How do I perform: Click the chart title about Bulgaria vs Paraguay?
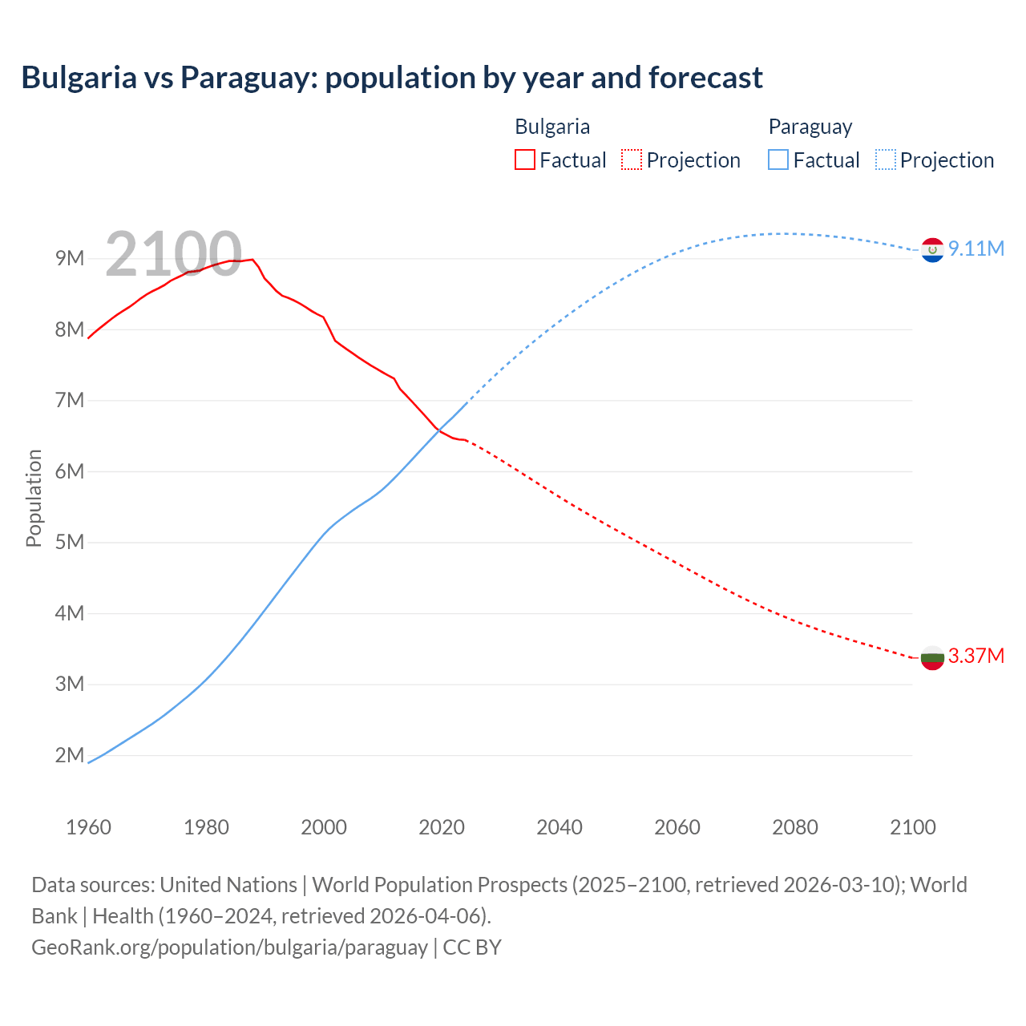point(392,78)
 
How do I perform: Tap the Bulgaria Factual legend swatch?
point(524,160)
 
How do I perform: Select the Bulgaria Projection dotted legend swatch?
point(631,160)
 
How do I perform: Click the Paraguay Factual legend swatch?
point(778,160)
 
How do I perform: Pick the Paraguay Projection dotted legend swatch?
point(885,160)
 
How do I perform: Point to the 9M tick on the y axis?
point(70,258)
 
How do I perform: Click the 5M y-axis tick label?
point(70,542)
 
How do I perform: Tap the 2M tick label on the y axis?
point(70,755)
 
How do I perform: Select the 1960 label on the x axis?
point(88,827)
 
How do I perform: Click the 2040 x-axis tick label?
point(559,827)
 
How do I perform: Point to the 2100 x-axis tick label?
point(912,827)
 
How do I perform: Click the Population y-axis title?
point(34,498)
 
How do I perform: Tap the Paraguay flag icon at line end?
point(932,250)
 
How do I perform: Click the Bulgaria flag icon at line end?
point(932,658)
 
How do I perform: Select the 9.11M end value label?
point(976,248)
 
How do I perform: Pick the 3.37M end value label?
point(976,656)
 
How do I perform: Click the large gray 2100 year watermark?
point(173,254)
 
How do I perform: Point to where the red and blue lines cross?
point(439,431)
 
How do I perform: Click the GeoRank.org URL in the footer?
point(229,947)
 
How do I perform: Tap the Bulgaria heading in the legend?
point(551,127)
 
